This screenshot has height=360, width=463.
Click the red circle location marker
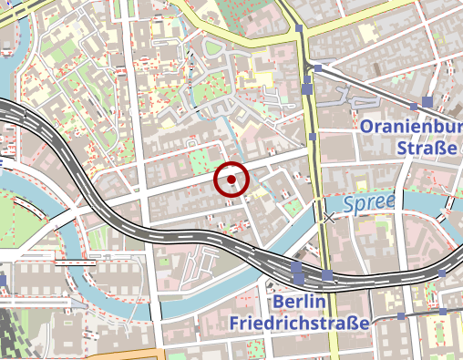pos(232,180)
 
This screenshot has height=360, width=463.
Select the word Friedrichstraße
pos(299,324)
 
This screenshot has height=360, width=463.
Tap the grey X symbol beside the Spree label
pos(329,218)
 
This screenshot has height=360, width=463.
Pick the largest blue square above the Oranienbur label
pos(427,101)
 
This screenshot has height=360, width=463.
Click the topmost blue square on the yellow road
pos(299,29)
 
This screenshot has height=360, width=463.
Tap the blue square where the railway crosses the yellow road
pos(327,274)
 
